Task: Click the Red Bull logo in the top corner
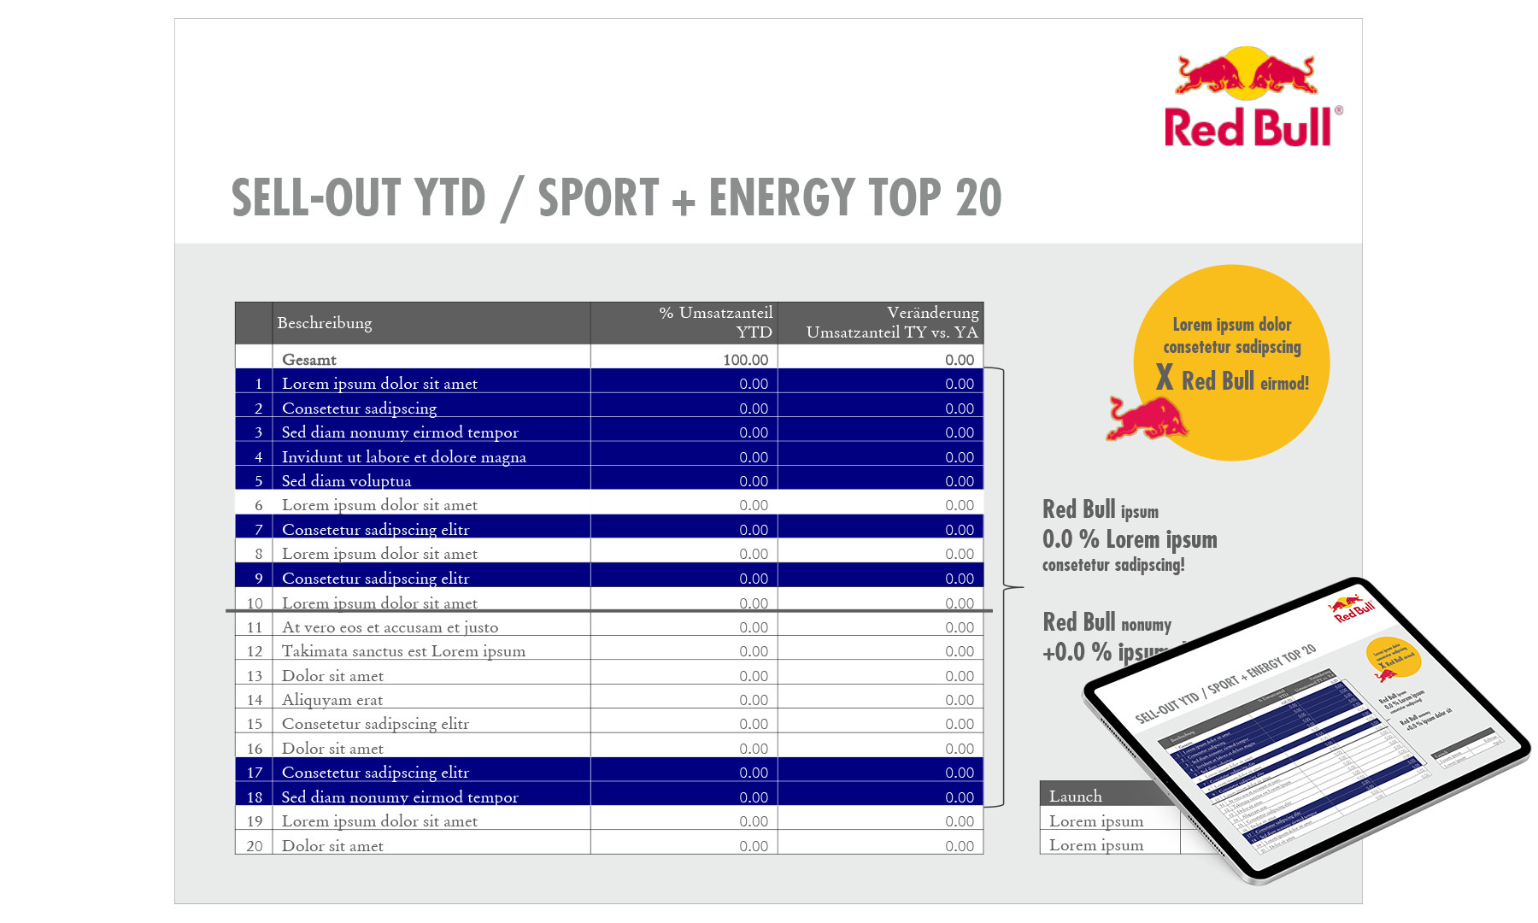(x=1250, y=97)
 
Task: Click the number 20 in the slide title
(x=978, y=198)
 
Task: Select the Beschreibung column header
(x=325, y=323)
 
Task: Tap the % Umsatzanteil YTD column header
(x=716, y=322)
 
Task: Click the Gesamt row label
(x=309, y=360)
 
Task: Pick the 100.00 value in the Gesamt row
(x=745, y=360)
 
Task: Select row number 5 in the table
(x=258, y=481)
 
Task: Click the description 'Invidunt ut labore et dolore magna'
(x=403, y=457)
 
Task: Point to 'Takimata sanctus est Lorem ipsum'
(x=403, y=651)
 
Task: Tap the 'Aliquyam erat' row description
(x=332, y=700)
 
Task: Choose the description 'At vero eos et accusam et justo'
(x=390, y=627)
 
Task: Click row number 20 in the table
(x=255, y=846)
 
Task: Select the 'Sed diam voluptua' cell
(x=346, y=481)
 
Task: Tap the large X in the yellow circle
(x=1164, y=377)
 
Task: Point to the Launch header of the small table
(x=1076, y=797)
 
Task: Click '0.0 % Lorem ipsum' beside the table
(x=1129, y=539)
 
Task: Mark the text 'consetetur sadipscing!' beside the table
(x=1112, y=565)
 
